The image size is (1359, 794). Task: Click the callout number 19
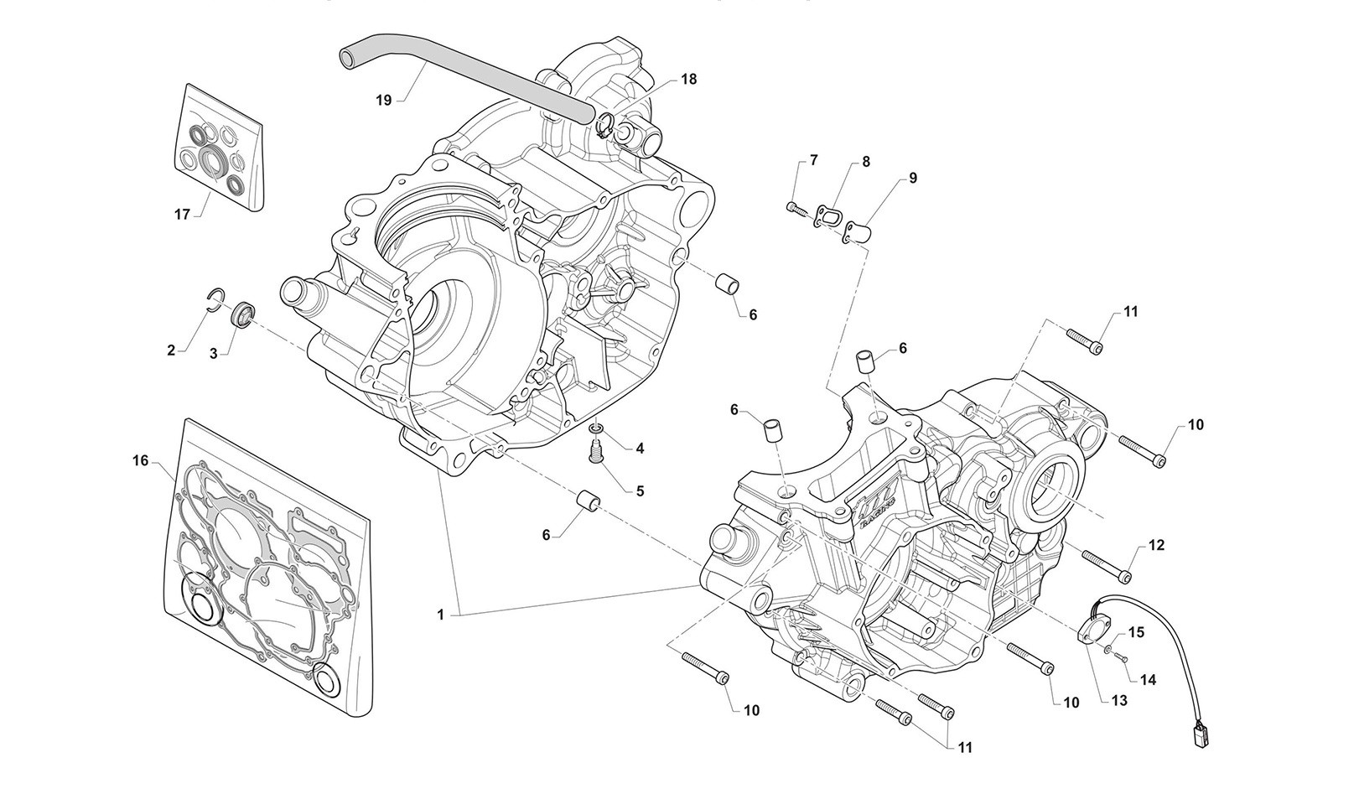point(383,100)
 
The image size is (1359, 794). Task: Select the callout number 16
point(139,460)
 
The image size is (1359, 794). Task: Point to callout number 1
point(440,615)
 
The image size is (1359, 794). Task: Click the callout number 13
point(1118,700)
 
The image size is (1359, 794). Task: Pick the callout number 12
point(1156,546)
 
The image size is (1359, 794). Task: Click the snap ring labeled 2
point(215,296)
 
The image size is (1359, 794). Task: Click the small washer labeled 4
point(596,431)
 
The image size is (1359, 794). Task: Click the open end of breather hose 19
point(345,58)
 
